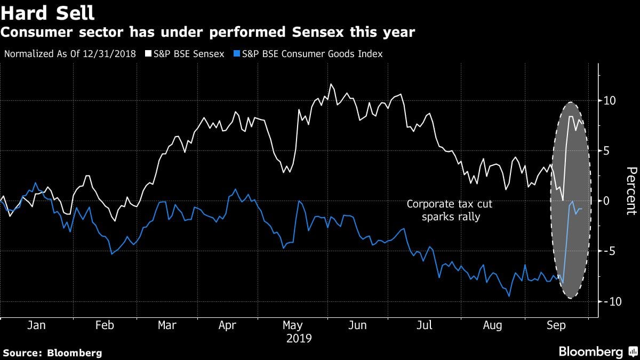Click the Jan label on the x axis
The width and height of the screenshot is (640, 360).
37,325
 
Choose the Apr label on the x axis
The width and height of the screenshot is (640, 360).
228,325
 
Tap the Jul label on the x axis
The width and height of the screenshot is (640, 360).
424,325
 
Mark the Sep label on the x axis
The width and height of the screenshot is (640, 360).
556,325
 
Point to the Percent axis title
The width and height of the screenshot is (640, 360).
631,191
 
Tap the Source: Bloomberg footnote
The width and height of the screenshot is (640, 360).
52,353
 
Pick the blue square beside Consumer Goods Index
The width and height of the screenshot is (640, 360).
236,54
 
